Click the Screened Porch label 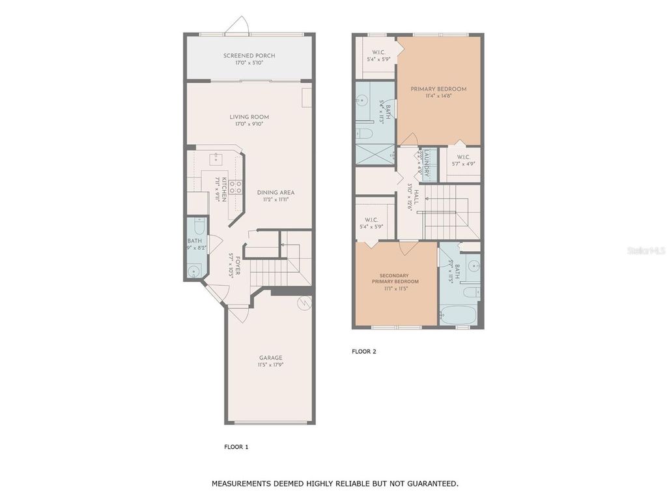click(249, 56)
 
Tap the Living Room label click(249, 117)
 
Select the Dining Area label click(276, 192)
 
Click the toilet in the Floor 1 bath click(199, 228)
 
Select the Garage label click(271, 357)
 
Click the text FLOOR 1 click(236, 447)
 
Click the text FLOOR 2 click(364, 352)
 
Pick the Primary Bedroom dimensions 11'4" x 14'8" click(438, 96)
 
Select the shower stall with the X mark click(375, 155)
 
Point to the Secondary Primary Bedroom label click(395, 278)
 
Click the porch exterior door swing click(235, 24)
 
